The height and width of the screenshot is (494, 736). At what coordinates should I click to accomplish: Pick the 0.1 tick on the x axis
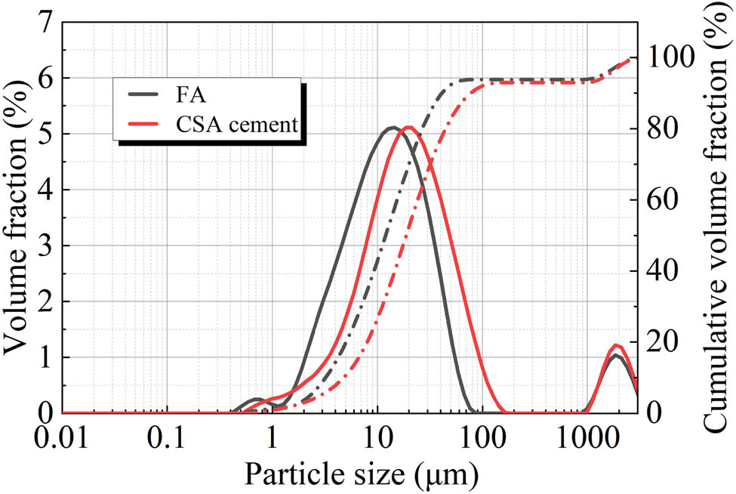point(167,439)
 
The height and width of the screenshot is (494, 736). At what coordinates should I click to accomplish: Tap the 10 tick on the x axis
point(376,439)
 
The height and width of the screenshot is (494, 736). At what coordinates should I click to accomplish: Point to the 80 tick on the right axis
point(660,129)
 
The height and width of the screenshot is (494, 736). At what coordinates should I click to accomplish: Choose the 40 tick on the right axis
point(660,271)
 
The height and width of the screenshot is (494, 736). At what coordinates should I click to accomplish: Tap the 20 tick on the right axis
point(660,342)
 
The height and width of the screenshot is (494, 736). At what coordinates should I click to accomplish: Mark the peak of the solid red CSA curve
point(408,127)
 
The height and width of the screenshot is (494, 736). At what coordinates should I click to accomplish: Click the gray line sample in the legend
point(151,98)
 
